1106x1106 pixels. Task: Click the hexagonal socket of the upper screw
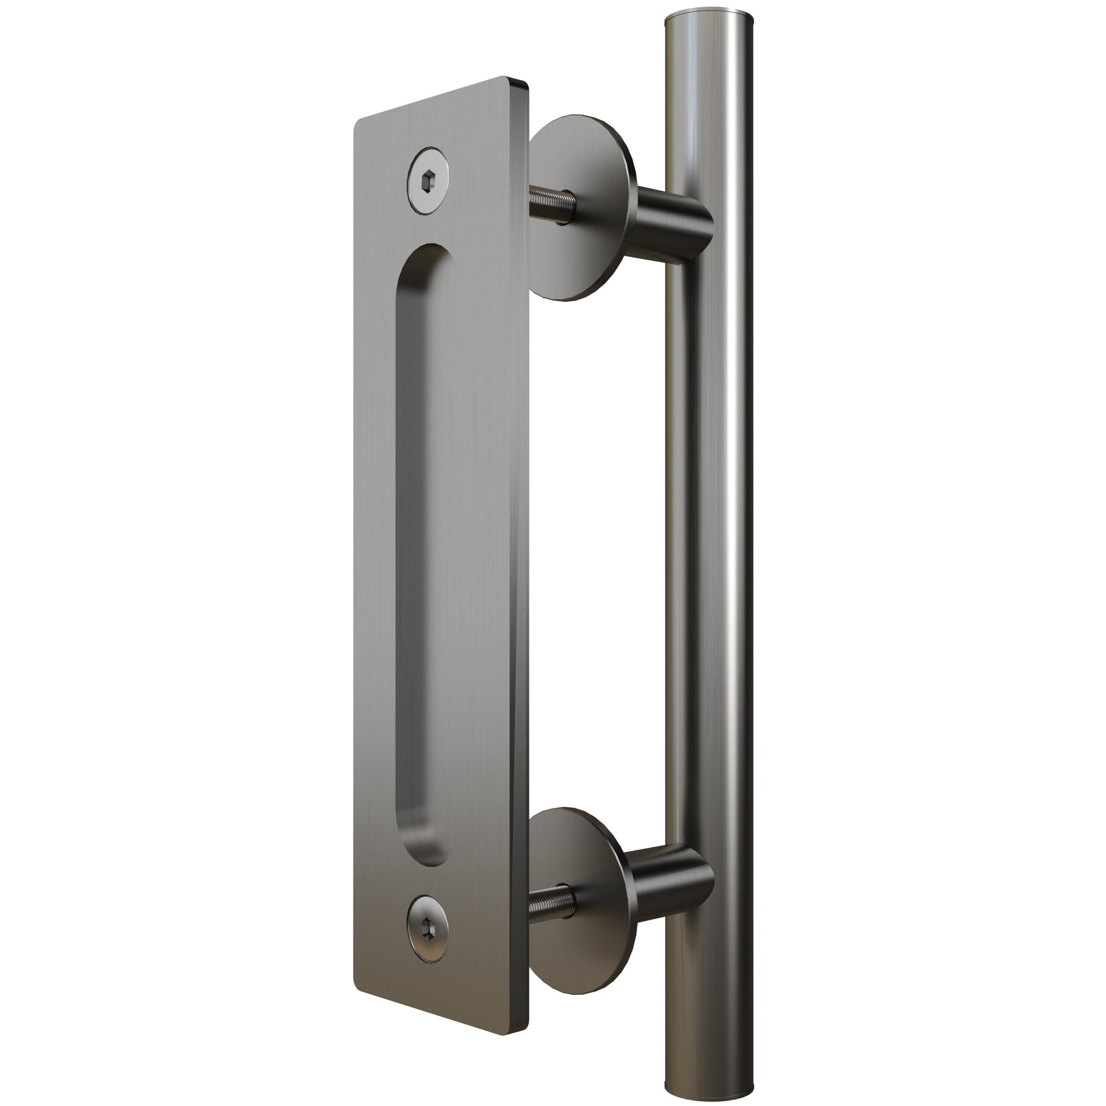tap(428, 183)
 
